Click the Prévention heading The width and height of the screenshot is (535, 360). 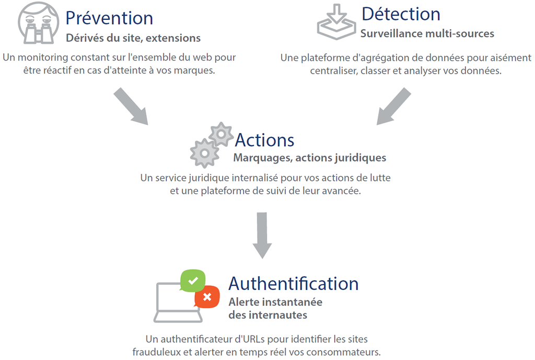(x=109, y=18)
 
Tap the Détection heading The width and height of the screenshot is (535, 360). (x=401, y=14)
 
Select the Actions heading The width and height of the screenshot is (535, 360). (x=264, y=140)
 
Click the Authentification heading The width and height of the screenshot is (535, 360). (x=293, y=283)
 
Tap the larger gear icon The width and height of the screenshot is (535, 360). (x=204, y=153)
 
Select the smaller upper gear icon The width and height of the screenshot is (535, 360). (x=221, y=135)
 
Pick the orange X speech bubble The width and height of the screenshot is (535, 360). (x=207, y=297)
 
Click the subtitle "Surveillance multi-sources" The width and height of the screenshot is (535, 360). (x=427, y=34)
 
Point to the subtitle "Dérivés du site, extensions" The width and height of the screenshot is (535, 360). (x=133, y=38)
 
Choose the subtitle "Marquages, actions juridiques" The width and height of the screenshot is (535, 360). (x=309, y=157)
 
